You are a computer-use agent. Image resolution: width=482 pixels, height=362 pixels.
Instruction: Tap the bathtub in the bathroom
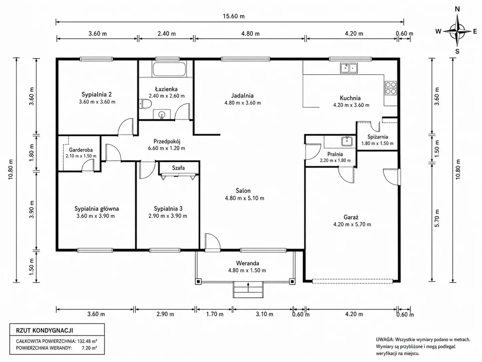click(169, 69)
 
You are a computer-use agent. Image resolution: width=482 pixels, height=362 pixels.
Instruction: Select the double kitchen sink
click(349, 68)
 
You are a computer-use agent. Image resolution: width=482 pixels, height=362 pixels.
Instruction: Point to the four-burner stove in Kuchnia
click(391, 88)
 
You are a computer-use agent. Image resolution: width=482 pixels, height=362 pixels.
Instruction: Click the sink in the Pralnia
click(347, 141)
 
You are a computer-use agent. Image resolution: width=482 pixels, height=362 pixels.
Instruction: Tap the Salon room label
click(243, 191)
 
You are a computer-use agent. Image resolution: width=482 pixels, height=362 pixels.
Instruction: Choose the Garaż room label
click(351, 217)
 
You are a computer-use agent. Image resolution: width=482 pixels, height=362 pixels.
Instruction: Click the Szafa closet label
click(178, 168)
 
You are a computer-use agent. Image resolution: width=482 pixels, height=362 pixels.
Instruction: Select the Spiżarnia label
click(378, 137)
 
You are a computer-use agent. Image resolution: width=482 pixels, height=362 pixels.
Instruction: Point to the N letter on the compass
click(457, 9)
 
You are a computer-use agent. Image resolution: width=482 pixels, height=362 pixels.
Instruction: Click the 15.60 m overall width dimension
click(234, 16)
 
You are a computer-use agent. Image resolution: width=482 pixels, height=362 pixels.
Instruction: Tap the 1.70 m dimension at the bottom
click(215, 314)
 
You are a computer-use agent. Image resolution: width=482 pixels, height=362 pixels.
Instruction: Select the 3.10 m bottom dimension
click(264, 314)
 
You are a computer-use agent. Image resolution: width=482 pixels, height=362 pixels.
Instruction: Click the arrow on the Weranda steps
click(248, 287)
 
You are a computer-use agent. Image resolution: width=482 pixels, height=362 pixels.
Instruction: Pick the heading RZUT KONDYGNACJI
click(45, 331)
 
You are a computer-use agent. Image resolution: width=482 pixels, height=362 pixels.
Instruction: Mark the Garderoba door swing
click(88, 165)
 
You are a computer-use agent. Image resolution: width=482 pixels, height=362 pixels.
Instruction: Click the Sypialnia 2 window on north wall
click(96, 59)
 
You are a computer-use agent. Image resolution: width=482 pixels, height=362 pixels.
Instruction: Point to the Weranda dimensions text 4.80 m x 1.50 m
click(247, 270)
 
